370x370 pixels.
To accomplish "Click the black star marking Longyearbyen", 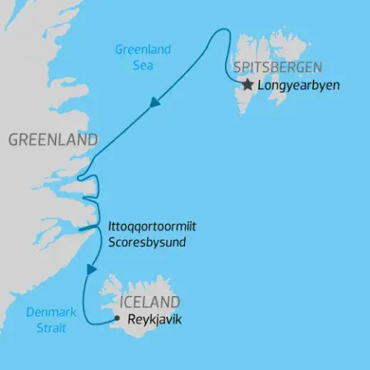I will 247,85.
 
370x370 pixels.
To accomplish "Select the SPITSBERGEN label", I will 278,67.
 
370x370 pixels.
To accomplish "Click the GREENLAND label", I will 52,140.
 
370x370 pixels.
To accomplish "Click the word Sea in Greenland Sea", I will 143,65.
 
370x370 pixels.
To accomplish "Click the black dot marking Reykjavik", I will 116,318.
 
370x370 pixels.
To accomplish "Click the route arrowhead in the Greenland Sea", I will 155,103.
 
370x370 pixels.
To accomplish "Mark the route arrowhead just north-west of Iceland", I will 92,269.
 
